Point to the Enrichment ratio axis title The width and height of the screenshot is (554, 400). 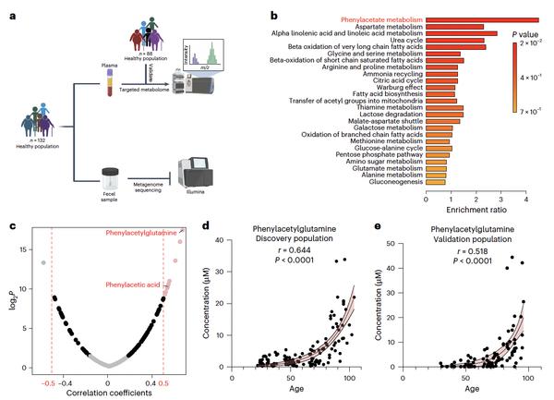[476, 212]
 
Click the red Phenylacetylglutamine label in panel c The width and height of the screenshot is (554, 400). [144, 233]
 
